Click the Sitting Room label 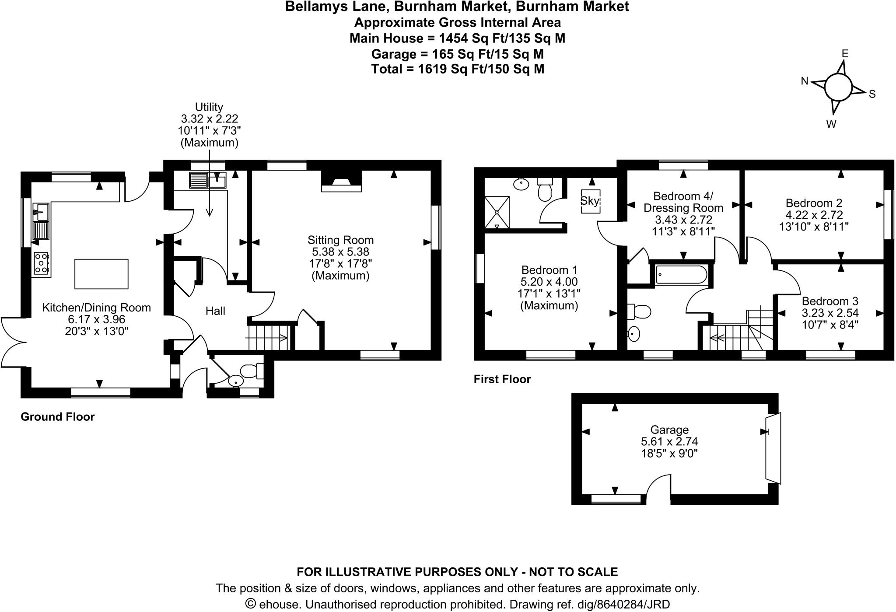click(340, 240)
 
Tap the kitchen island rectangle click(101, 274)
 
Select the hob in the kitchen click(41, 264)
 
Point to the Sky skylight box click(590, 201)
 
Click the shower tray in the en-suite click(497, 212)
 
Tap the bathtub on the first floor click(681, 275)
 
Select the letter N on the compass click(804, 81)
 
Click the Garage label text click(669, 430)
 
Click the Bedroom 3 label click(830, 301)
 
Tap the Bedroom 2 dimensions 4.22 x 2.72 click(814, 215)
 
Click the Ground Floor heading click(57, 416)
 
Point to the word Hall click(215, 311)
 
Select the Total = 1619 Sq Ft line click(458, 69)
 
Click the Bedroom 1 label click(549, 270)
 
